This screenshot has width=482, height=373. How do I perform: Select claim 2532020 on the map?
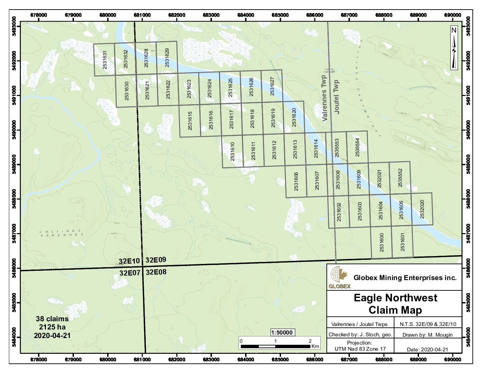pos(422,209)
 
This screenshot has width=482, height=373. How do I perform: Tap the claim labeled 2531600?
pos(381,242)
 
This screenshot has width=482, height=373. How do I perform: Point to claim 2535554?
pos(357,148)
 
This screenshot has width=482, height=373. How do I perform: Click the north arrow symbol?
pos(454,48)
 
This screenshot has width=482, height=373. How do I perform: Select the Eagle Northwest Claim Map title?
pos(395,304)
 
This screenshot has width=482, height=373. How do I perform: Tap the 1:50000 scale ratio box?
pos(282,333)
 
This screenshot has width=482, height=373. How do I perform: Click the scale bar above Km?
pos(276,346)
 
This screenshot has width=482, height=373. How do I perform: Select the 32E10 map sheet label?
pos(129,261)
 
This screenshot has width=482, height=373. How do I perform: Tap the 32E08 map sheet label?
pos(156,273)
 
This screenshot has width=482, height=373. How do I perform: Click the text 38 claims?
pos(52,319)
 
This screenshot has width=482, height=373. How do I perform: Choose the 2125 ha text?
pos(52,327)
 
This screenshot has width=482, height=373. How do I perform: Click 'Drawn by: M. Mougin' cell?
pos(427,335)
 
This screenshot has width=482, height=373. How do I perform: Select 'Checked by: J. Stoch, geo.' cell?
pos(360,335)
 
